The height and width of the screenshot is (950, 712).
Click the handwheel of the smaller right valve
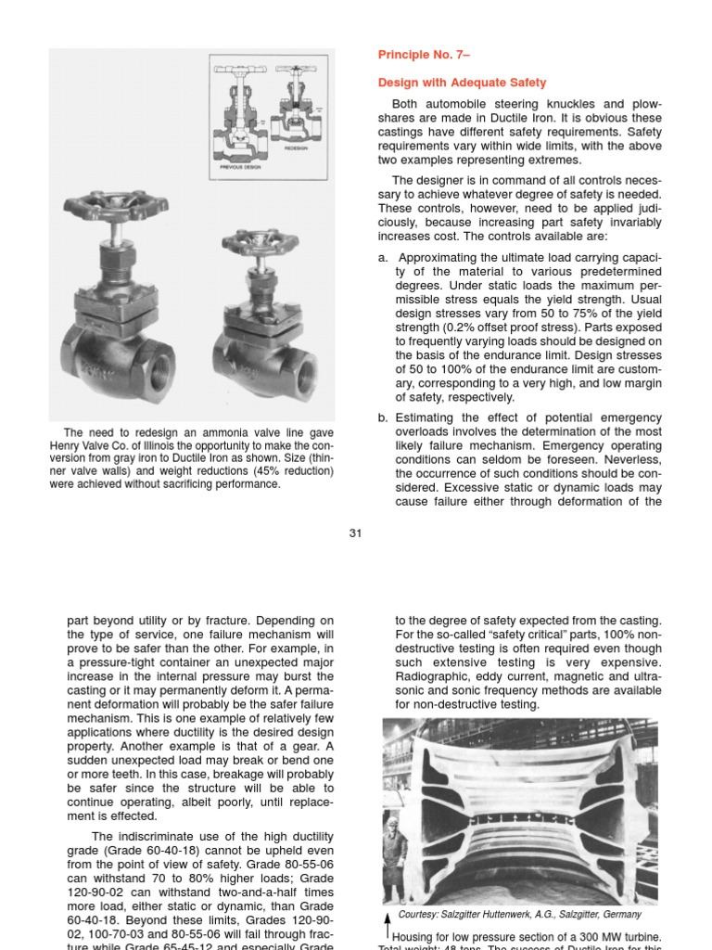[260, 243]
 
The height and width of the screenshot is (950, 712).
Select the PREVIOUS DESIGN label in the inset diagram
[240, 168]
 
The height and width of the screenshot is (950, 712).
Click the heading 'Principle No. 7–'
[417, 56]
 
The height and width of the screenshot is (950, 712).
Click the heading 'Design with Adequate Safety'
[462, 83]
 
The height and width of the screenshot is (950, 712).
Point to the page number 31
[355, 532]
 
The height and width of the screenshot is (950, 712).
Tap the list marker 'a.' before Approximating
[383, 258]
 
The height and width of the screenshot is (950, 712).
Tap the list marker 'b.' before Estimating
[383, 417]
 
